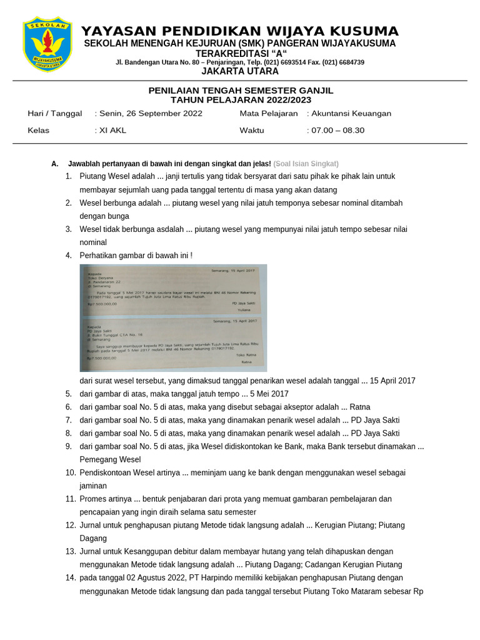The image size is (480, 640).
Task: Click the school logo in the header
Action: point(47,44)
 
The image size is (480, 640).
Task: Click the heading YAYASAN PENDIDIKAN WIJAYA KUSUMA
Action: point(240,31)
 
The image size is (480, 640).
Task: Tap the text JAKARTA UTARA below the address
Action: point(240,71)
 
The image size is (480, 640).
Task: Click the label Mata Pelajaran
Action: point(269,114)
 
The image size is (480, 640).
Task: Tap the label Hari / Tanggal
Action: point(55,114)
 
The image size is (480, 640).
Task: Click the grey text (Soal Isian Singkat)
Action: point(306,164)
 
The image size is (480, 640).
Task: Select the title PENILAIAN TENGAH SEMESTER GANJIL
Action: point(241,91)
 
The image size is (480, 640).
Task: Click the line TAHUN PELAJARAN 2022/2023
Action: point(241,100)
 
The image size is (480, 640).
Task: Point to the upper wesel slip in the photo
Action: point(173,289)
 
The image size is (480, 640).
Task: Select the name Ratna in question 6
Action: point(360,407)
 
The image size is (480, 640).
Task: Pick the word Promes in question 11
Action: point(92,499)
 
